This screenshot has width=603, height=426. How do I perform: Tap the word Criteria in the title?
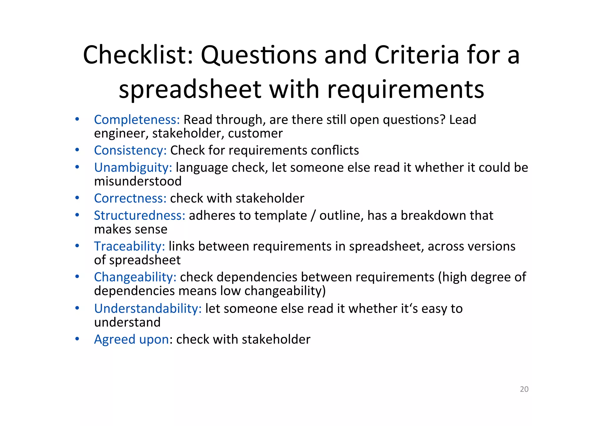click(417, 55)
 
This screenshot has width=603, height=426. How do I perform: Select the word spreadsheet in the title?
click(190, 89)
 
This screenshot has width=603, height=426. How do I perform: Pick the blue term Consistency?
click(130, 150)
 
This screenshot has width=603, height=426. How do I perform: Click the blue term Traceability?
click(130, 246)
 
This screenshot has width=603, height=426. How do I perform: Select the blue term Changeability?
click(135, 277)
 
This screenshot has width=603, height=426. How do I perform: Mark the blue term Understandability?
click(148, 309)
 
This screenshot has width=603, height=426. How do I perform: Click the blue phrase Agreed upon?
click(131, 339)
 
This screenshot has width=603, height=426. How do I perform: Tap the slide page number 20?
click(524, 389)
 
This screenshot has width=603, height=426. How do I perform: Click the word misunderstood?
click(138, 181)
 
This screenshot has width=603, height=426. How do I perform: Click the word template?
click(281, 216)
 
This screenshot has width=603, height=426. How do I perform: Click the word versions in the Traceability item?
click(492, 246)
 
